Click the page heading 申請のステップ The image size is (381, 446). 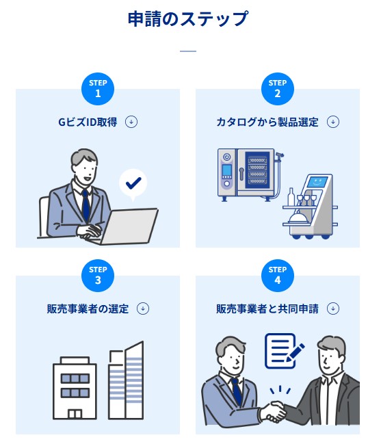[188, 18]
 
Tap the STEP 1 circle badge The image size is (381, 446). [98, 89]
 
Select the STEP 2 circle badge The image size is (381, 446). [278, 89]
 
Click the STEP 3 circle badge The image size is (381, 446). [98, 276]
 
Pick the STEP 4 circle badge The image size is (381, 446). [278, 276]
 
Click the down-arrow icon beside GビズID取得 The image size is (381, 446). [131, 122]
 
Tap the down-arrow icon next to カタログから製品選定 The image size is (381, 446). [333, 122]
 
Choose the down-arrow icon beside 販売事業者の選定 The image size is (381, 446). [143, 309]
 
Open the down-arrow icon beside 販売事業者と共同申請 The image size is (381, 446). [333, 309]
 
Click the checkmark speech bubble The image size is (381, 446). [133, 183]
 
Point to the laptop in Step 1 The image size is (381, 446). [129, 226]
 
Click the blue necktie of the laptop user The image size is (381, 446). [86, 205]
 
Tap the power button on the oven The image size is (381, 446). [227, 157]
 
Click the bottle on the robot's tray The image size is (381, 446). [291, 196]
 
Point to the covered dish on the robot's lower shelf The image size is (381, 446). [297, 218]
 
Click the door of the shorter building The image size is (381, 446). [75, 414]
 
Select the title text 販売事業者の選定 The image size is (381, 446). [88, 309]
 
